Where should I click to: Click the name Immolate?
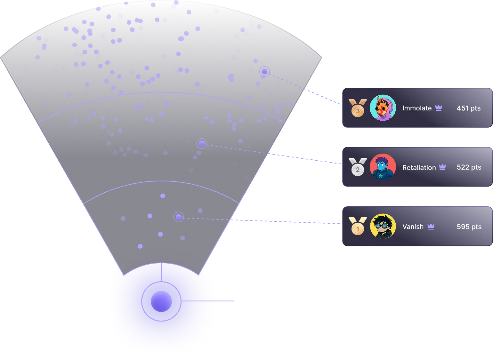tap(417, 108)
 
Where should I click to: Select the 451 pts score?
tap(469, 108)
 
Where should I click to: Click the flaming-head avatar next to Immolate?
tap(383, 108)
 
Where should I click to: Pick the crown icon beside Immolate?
tap(439, 108)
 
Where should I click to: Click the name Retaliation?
tap(419, 167)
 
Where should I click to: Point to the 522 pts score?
tap(469, 167)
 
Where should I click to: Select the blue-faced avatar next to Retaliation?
tap(383, 167)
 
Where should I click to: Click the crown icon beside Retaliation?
tap(442, 167)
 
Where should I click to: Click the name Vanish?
tap(413, 227)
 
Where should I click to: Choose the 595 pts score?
tap(469, 227)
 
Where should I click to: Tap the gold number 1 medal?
tap(358, 227)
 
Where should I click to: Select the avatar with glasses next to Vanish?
tap(383, 227)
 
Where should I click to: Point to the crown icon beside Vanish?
tap(431, 227)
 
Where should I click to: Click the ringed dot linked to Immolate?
tap(264, 71)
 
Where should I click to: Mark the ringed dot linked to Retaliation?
tap(202, 143)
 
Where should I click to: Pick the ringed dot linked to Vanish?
tap(179, 217)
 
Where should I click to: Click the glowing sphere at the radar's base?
tap(161, 301)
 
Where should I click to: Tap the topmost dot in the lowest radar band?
tap(163, 196)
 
